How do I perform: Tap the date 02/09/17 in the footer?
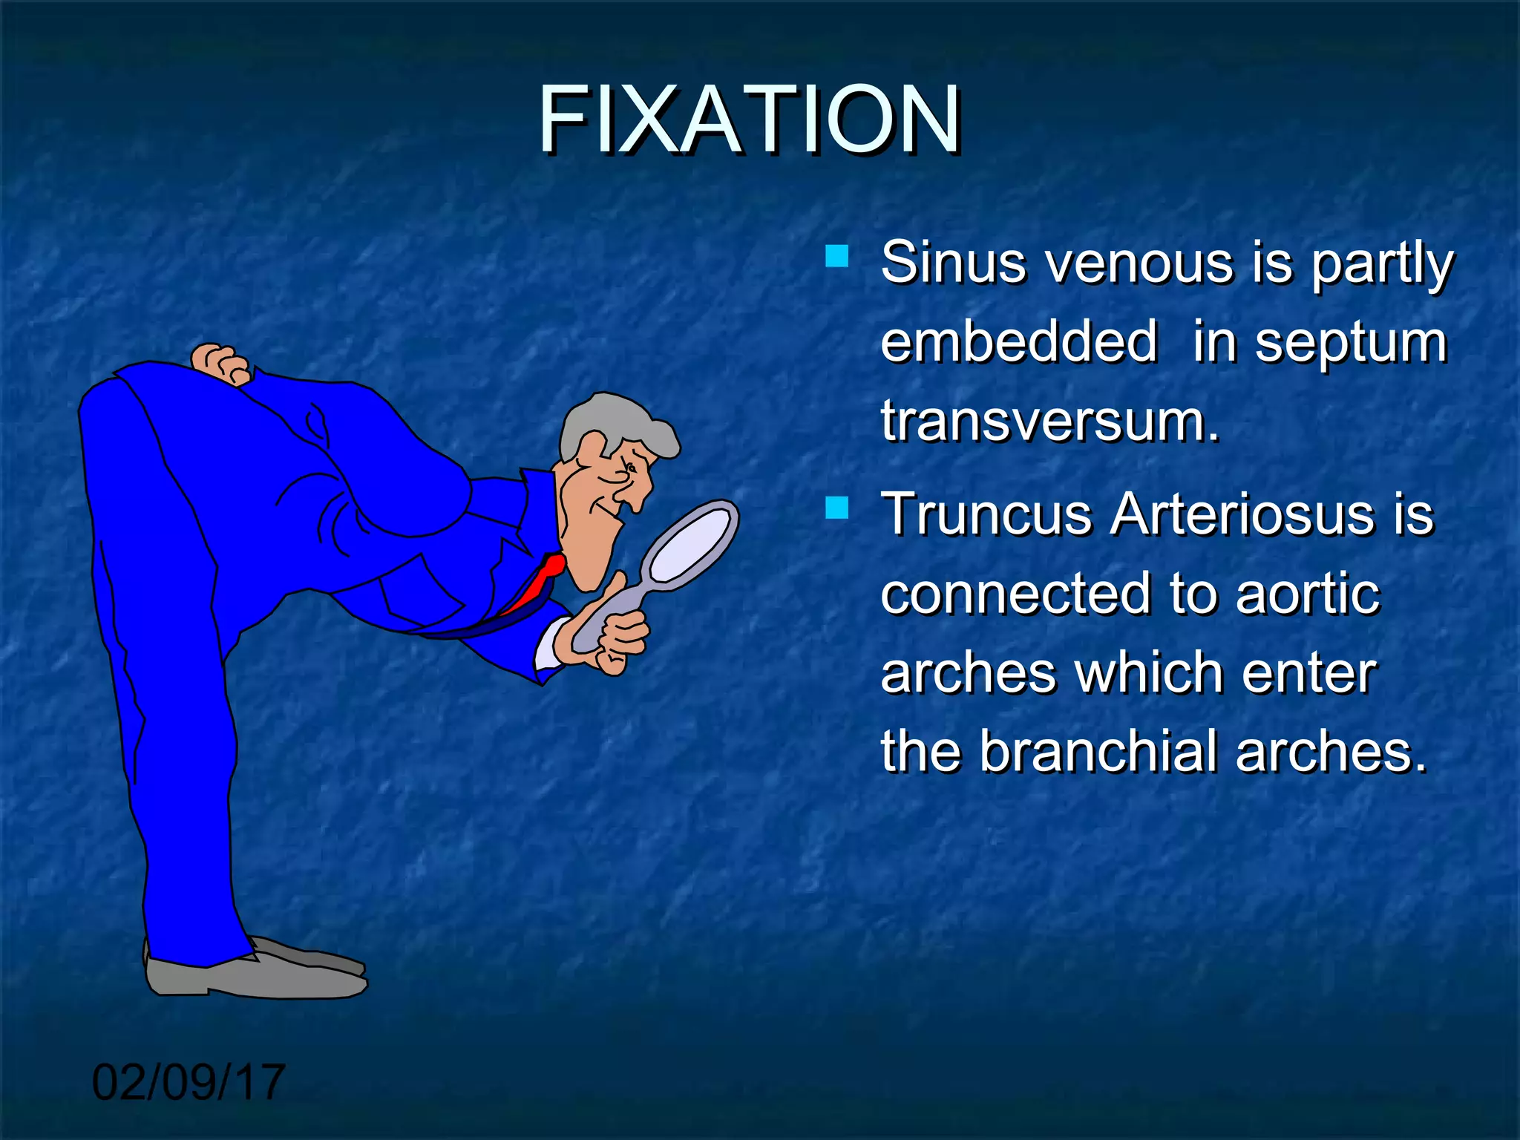[189, 1082]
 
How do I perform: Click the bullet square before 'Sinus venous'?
[836, 256]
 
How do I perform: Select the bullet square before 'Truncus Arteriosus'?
[836, 508]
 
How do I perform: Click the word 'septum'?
[1351, 343]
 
